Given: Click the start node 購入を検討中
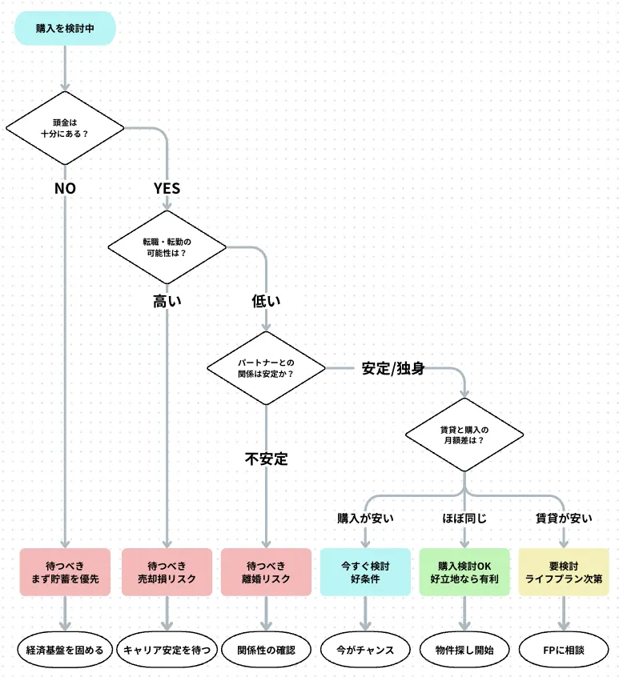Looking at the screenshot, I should pyautogui.click(x=65, y=28).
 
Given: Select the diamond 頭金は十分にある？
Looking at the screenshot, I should pyautogui.click(x=65, y=128).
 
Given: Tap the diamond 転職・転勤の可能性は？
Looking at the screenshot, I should pyautogui.click(x=167, y=246).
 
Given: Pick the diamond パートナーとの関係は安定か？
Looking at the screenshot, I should pyautogui.click(x=266, y=368).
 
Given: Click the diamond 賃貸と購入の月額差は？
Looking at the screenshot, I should pyautogui.click(x=464, y=435).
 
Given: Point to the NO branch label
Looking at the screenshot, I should pyautogui.click(x=65, y=189).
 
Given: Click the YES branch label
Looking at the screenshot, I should pyautogui.click(x=167, y=189).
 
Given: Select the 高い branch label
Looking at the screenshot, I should pyautogui.click(x=167, y=302).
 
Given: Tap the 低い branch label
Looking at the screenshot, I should pyautogui.click(x=266, y=302).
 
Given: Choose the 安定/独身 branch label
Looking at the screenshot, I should pyautogui.click(x=392, y=369).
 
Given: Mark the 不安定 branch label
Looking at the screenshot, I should pyautogui.click(x=266, y=459).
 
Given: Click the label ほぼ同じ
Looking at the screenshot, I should pyautogui.click(x=464, y=519).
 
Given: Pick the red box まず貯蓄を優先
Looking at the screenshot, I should pyautogui.click(x=65, y=571).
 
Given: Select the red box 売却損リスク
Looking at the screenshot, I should pyautogui.click(x=167, y=571).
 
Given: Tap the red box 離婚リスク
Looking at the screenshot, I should pyautogui.click(x=266, y=571).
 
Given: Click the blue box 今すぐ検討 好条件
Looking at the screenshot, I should pyautogui.click(x=365, y=571).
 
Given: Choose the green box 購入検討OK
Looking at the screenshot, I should pyautogui.click(x=464, y=571).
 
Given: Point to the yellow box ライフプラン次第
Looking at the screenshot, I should pyautogui.click(x=564, y=571).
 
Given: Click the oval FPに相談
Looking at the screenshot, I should pyautogui.click(x=564, y=650).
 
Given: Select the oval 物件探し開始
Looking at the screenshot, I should pyautogui.click(x=464, y=650).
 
